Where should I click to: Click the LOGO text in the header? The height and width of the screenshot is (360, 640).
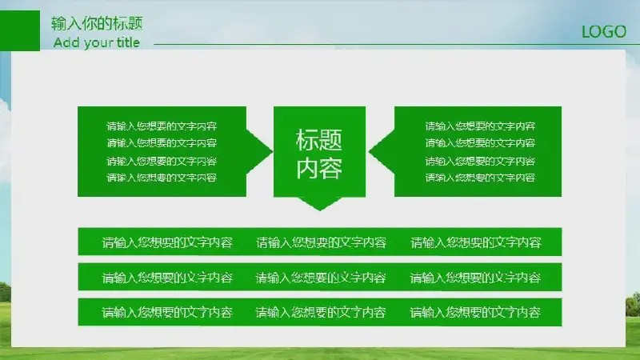[x=604, y=32]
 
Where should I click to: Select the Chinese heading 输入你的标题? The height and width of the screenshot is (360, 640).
[x=97, y=23]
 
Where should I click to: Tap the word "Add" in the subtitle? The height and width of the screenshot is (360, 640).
[x=66, y=42]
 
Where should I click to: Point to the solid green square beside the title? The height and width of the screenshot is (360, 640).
[x=20, y=30]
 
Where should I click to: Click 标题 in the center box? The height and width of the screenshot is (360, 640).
[x=319, y=140]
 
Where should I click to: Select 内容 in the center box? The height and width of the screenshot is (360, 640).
[x=319, y=168]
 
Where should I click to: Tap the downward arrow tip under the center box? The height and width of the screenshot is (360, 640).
[x=319, y=210]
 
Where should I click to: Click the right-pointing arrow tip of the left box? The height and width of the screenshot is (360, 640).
[x=272, y=151]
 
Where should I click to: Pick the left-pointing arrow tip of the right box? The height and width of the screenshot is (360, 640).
[x=370, y=151]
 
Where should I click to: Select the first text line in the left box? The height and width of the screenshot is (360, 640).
[x=162, y=126]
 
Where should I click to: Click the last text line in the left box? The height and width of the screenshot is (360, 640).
[x=162, y=178]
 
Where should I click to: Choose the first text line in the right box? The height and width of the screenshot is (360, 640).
[x=480, y=126]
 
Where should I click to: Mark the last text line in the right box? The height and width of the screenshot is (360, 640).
[x=480, y=178]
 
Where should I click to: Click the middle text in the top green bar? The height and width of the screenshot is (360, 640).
[x=321, y=242]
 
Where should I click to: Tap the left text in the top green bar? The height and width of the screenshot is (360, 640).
[x=167, y=242]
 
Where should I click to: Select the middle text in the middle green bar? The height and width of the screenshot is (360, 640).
[x=321, y=278]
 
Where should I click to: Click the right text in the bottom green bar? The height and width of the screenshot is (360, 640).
[x=475, y=312]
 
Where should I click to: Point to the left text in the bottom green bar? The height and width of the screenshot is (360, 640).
[x=167, y=312]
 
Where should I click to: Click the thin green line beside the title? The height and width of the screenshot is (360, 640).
[x=397, y=44]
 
